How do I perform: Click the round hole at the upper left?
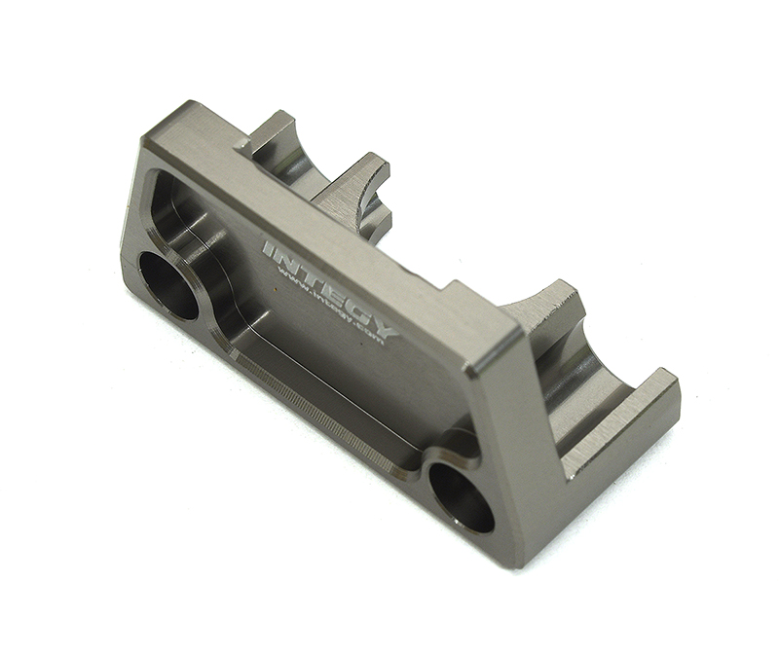pos(168,285)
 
